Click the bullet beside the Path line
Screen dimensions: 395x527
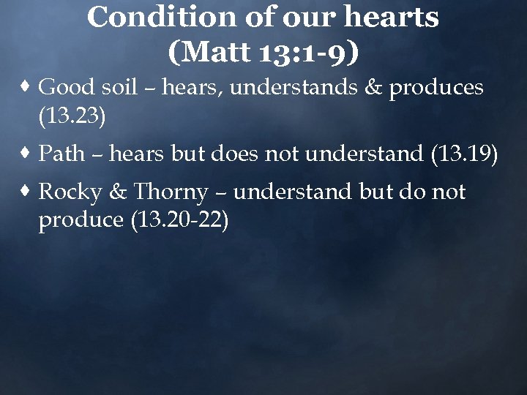27,154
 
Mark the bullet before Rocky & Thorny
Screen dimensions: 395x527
27,192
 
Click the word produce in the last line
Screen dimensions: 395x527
81,220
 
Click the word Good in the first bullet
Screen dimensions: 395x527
64,88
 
